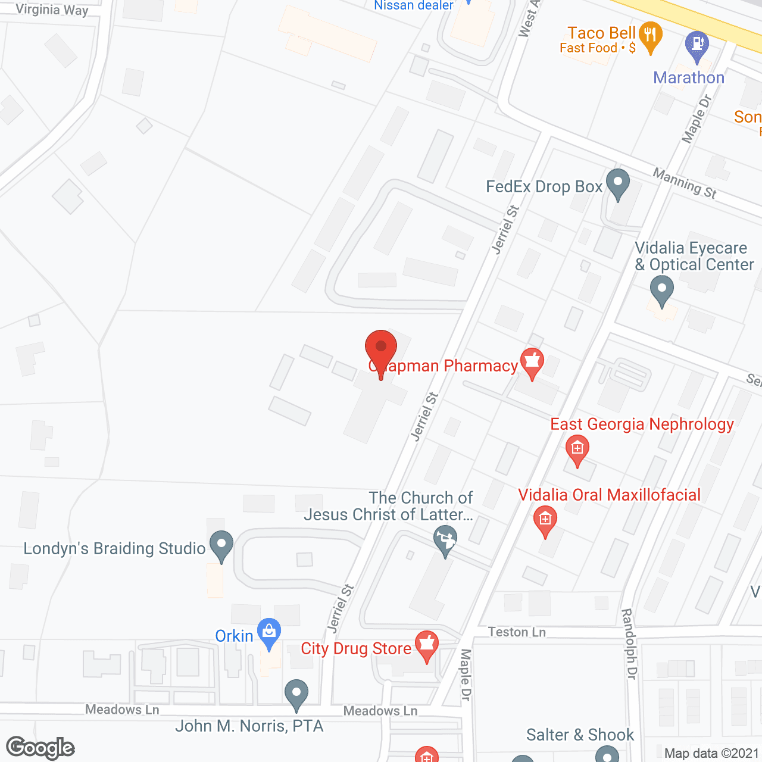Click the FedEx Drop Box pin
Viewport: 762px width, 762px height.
click(x=617, y=183)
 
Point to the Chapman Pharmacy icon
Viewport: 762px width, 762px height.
click(x=532, y=362)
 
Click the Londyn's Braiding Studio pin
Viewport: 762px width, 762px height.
click(x=222, y=545)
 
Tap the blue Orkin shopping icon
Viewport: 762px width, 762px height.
click(x=269, y=633)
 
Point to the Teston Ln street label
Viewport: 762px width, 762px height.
click(x=517, y=632)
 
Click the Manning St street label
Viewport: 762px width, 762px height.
click(x=685, y=183)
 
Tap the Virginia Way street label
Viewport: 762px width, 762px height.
click(x=52, y=10)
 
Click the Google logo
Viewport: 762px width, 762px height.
click(x=40, y=748)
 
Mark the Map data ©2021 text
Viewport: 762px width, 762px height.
click(x=711, y=754)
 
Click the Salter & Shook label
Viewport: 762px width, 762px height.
click(x=580, y=735)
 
